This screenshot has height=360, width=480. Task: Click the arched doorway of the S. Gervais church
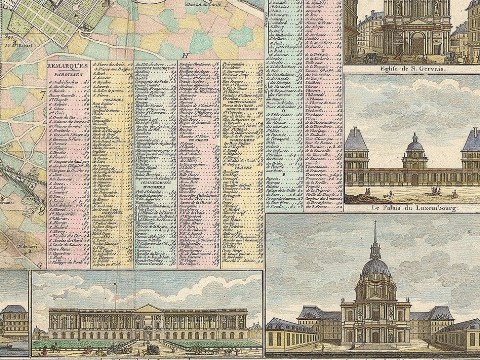click(x=417, y=45)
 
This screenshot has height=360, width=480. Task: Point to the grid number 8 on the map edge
click(x=42, y=210)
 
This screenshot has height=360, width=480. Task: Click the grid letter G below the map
click(x=41, y=264)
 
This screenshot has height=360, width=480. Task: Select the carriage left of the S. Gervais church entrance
click(x=371, y=57)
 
